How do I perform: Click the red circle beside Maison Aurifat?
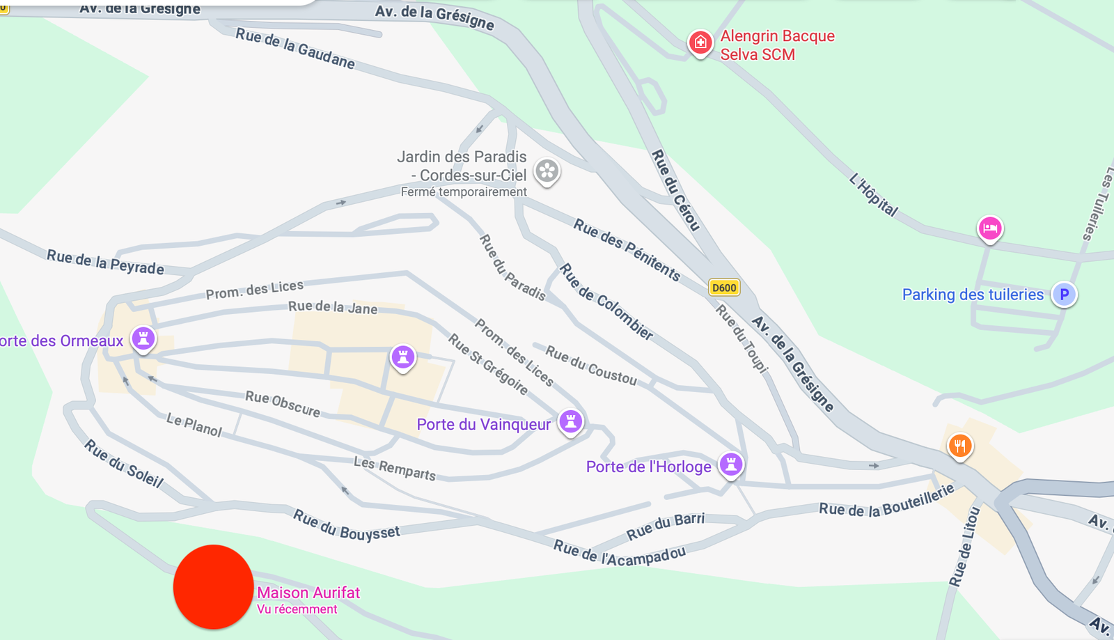coord(213,587)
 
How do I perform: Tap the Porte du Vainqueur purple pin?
coord(571,421)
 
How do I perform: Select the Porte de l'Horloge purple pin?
coord(731,464)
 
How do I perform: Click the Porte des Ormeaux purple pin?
coord(143,339)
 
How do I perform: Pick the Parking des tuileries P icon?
coord(1064,295)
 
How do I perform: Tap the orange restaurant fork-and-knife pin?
coord(960,446)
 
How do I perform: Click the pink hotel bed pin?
coord(989,228)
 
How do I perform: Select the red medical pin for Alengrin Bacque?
coord(700,42)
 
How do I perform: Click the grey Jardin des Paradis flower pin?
coord(547,171)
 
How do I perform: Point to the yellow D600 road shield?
coord(724,288)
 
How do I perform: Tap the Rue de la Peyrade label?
coord(105,263)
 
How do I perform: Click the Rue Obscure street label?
coord(283,403)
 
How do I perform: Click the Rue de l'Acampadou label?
coord(620,554)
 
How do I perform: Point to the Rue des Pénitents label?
coord(627,249)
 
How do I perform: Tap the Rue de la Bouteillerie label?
coord(886,501)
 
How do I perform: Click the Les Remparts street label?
coord(395,469)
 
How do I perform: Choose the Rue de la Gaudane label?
coord(295,49)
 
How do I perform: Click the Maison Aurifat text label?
coord(308,593)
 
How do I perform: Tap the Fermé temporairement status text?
coord(464,192)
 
